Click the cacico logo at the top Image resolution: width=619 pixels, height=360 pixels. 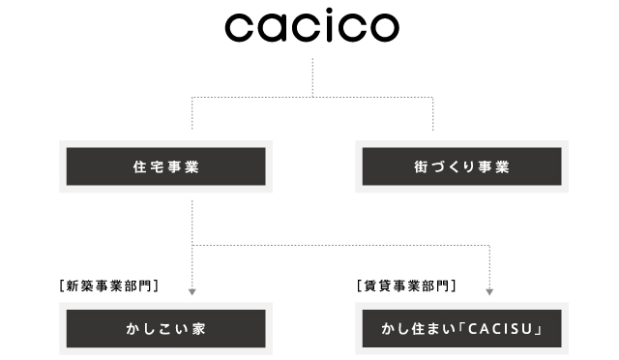(x=311, y=28)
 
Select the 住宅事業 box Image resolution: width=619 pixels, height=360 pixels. (x=164, y=166)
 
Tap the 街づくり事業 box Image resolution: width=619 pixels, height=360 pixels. (x=461, y=166)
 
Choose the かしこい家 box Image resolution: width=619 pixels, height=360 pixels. (x=164, y=328)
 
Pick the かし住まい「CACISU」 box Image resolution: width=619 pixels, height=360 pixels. (x=461, y=328)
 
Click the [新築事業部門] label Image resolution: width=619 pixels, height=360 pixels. (x=108, y=285)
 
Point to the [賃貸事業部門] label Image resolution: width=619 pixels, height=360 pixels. (x=406, y=285)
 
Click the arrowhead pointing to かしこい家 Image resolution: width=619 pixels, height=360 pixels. (x=192, y=290)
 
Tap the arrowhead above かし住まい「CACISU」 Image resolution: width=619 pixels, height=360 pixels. (x=491, y=290)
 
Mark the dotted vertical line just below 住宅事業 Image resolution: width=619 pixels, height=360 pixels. (x=192, y=218)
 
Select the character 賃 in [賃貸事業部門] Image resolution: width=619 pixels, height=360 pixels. (x=368, y=285)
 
